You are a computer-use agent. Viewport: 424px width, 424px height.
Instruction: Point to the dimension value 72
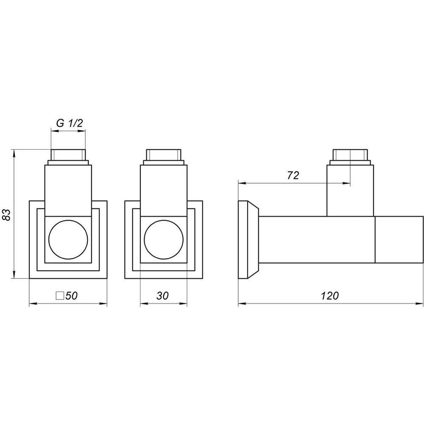click(293, 176)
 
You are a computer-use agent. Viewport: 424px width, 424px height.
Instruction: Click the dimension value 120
click(330, 296)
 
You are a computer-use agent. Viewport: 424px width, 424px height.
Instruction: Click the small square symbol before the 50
click(60, 296)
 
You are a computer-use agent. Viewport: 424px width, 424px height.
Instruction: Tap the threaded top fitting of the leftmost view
click(68, 155)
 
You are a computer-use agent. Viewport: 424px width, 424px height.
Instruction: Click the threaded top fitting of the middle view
click(164, 155)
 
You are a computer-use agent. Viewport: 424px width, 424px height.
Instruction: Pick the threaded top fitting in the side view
click(350, 155)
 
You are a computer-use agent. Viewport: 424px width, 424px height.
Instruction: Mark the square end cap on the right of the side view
click(399, 239)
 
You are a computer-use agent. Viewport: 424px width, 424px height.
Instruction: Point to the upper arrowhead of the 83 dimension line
click(15, 152)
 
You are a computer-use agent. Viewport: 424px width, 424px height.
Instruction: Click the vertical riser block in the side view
click(350, 191)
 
